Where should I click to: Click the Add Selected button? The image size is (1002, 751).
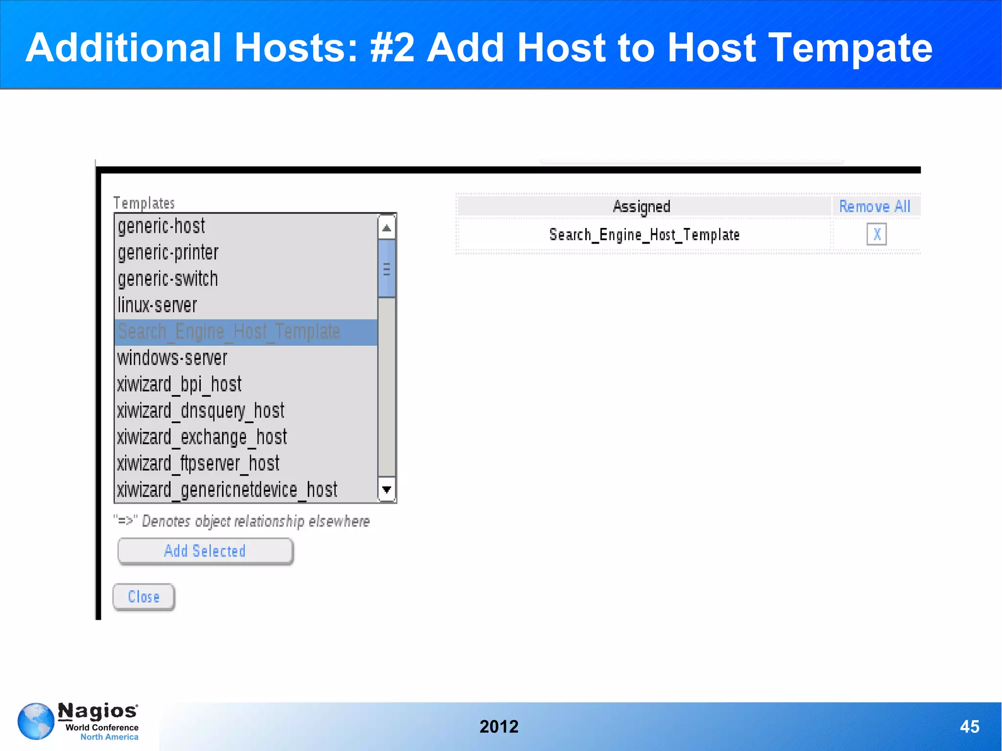click(x=205, y=551)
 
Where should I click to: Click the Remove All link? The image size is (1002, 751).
click(x=875, y=206)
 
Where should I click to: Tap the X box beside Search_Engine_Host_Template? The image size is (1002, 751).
click(x=876, y=234)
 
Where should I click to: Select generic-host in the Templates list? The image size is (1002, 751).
click(x=161, y=227)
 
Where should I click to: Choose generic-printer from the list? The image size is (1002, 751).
click(x=168, y=253)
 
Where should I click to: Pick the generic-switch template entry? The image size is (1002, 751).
click(x=168, y=279)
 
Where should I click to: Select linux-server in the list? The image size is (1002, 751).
click(x=157, y=306)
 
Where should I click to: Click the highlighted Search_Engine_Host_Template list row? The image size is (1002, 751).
click(x=229, y=332)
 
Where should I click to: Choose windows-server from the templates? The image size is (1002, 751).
click(x=172, y=358)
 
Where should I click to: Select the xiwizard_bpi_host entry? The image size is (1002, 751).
click(x=179, y=385)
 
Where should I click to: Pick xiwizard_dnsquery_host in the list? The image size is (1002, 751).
click(x=201, y=411)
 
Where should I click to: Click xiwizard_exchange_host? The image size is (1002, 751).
click(x=202, y=437)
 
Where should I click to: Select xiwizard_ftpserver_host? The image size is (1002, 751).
click(x=198, y=464)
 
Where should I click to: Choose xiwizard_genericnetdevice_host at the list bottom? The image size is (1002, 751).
click(x=227, y=490)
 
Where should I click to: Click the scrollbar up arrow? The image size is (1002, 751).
click(x=387, y=228)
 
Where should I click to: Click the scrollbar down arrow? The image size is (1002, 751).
click(x=387, y=490)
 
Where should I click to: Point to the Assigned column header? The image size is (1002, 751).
click(x=641, y=206)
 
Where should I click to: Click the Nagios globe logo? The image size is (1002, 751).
click(x=36, y=721)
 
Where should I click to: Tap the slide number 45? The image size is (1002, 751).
click(x=969, y=727)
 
